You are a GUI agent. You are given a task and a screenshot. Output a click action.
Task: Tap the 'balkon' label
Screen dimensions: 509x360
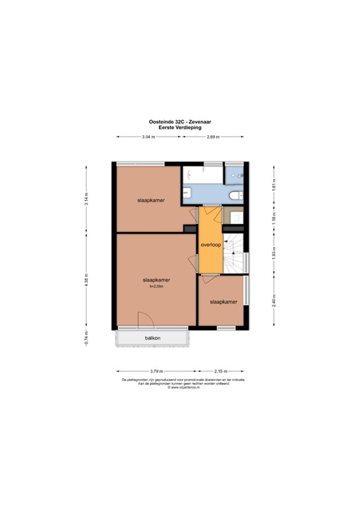tap(153, 338)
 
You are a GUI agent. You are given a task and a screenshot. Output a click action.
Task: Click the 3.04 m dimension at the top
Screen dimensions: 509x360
tap(149, 137)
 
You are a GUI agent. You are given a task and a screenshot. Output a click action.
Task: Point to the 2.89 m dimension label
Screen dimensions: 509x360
tap(213, 137)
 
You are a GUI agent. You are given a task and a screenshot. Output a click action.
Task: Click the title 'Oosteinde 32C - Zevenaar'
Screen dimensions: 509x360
tap(180, 121)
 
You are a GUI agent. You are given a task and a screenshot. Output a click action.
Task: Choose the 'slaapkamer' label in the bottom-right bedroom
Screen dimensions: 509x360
tap(223, 302)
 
